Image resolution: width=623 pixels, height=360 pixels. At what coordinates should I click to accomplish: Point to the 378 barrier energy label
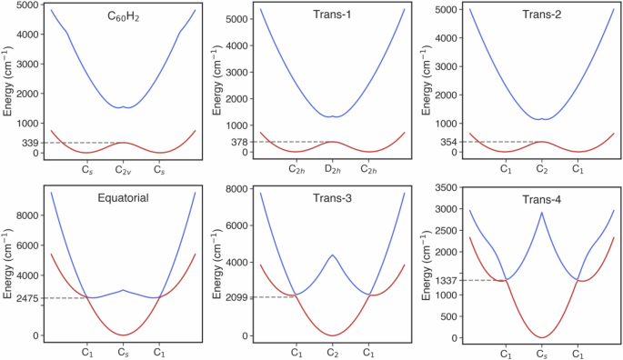(239, 142)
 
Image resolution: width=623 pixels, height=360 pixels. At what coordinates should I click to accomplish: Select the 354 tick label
(449, 142)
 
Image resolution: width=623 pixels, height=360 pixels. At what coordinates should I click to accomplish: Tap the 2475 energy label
(26, 298)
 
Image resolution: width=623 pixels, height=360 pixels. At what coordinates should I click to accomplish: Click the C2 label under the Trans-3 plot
(333, 350)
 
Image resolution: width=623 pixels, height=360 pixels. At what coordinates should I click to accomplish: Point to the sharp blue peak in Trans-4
(542, 213)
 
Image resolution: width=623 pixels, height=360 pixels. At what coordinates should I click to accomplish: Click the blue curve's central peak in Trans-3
(333, 255)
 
